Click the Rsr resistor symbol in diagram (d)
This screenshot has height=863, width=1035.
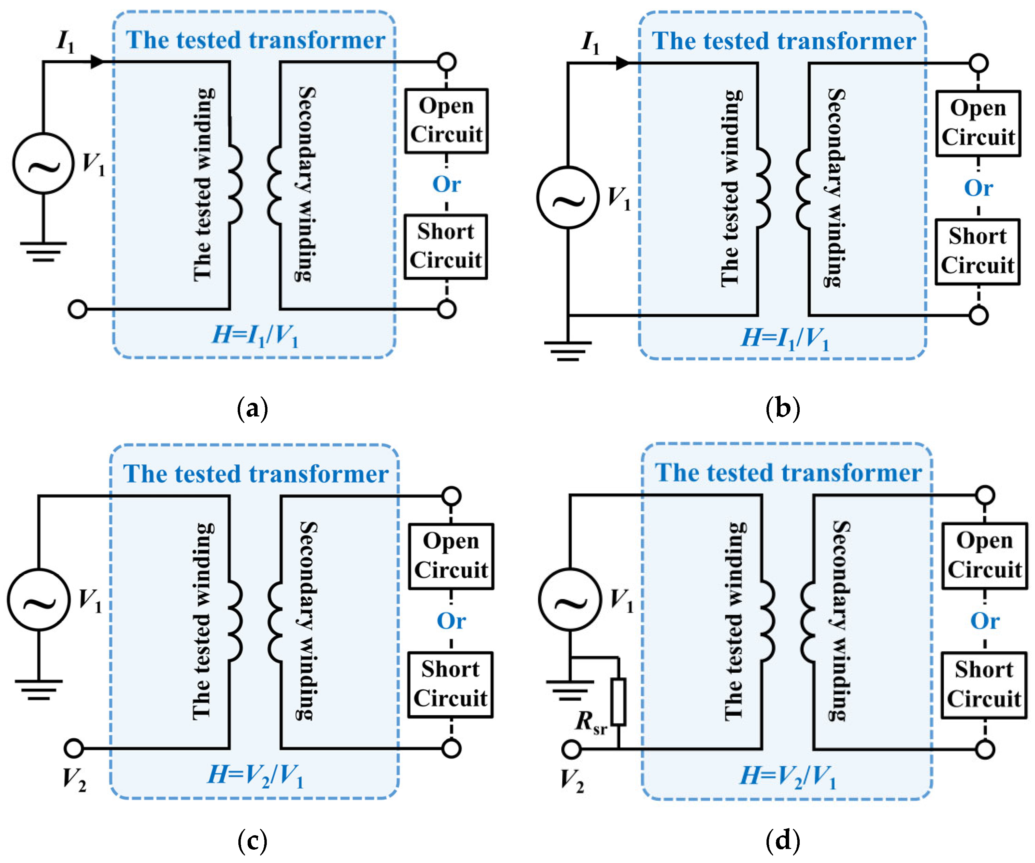point(618,702)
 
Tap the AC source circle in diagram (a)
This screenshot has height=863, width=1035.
point(43,163)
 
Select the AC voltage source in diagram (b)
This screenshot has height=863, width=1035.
point(568,197)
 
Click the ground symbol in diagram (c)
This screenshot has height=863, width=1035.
point(38,689)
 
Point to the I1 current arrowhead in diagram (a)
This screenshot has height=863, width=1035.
point(98,62)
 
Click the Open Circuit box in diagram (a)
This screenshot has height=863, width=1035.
point(447,121)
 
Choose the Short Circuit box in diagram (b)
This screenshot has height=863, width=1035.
point(978,251)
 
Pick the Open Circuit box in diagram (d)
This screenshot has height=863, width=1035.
point(985,555)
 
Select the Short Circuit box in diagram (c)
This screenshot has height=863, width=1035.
point(450,685)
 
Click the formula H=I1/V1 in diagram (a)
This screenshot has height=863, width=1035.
point(255,336)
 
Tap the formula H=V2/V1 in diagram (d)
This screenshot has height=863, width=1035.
point(788,776)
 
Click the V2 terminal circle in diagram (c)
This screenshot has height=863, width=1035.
point(74,748)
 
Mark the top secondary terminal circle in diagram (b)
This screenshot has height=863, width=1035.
point(979,63)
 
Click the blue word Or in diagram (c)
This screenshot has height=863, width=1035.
point(451,621)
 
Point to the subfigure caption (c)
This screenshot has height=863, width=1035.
point(252,841)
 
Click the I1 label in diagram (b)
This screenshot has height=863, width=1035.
point(590,42)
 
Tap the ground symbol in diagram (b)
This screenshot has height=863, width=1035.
point(568,351)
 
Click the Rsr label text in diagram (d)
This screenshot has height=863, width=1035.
point(590,723)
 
